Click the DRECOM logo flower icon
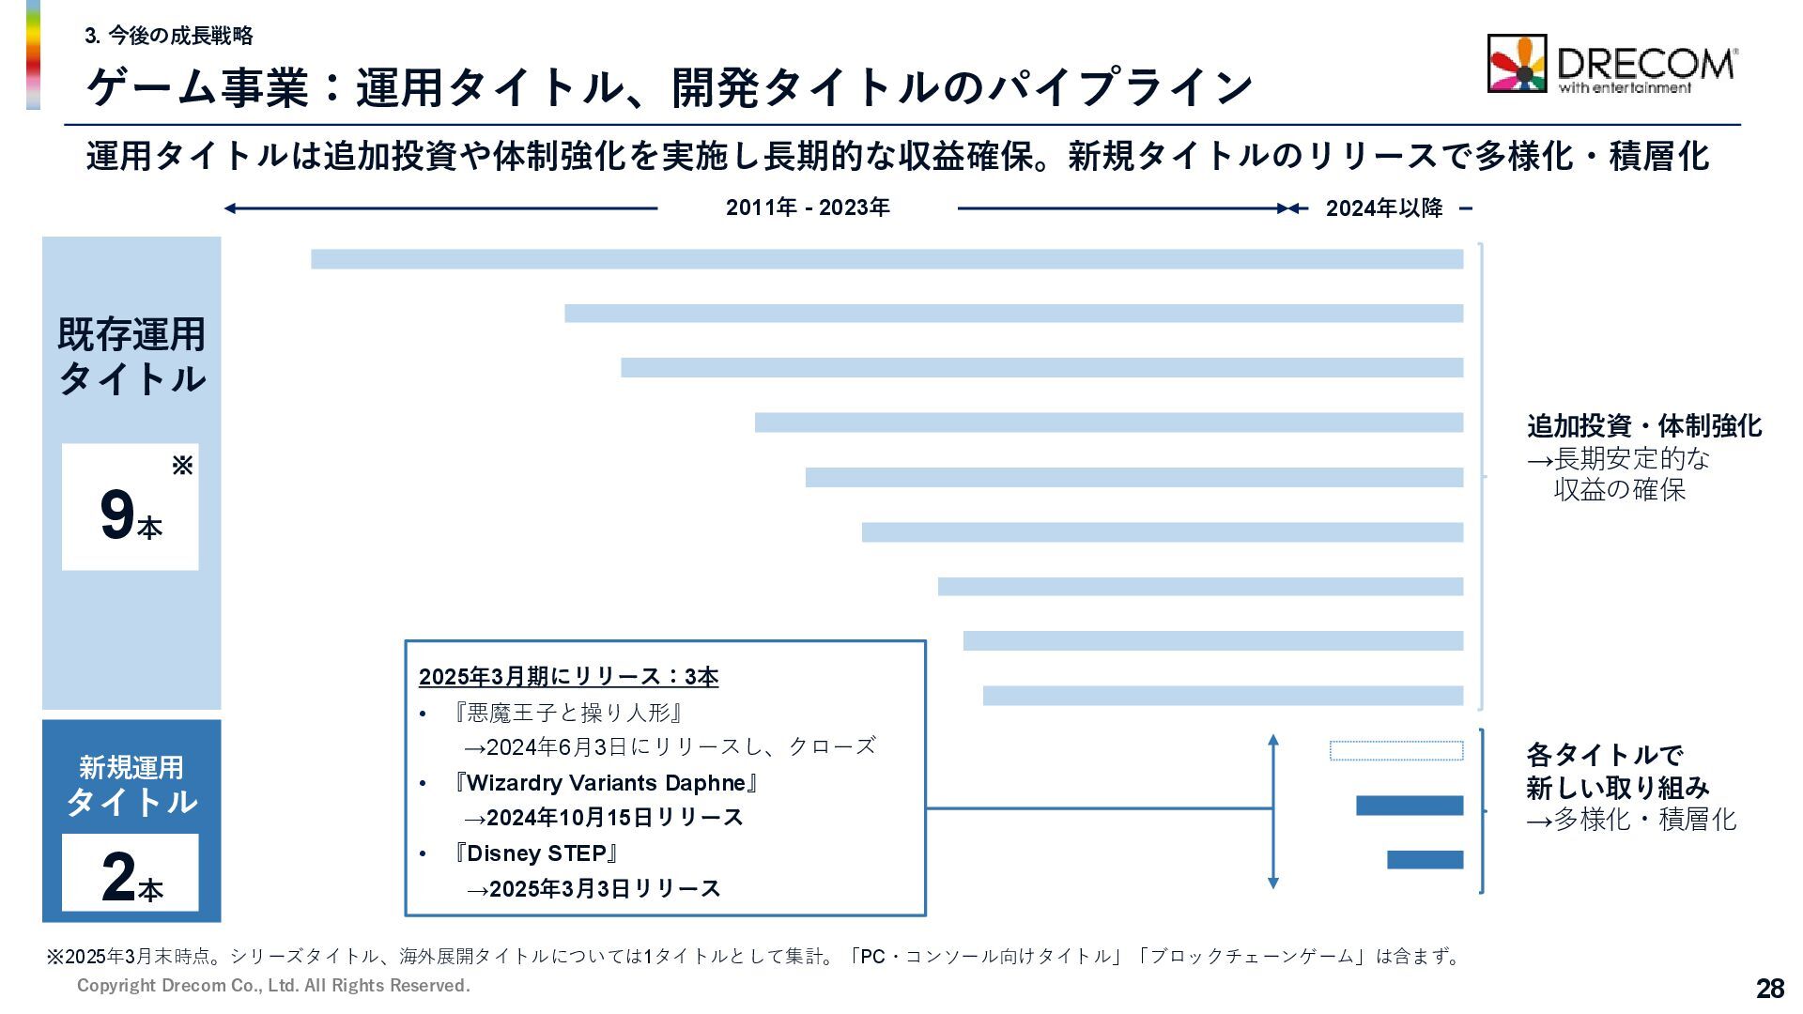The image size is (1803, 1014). [1517, 64]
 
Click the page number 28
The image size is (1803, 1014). [1769, 988]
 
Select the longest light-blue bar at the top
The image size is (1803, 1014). [886, 259]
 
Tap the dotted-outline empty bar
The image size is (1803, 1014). [1395, 750]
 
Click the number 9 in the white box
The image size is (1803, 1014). [117, 515]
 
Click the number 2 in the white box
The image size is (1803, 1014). [118, 876]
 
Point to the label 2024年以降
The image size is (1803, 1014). [1383, 208]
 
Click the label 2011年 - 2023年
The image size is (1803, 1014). [808, 207]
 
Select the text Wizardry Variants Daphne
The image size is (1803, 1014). [605, 783]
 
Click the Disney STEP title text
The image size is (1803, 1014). [535, 853]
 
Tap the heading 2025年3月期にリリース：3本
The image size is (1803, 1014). [568, 677]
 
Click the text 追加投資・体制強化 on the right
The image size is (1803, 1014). [1643, 426]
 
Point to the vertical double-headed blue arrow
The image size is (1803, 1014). [1272, 811]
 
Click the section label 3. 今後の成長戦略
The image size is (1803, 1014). [169, 36]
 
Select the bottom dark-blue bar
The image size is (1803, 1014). [1425, 859]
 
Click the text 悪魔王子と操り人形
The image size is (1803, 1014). [567, 713]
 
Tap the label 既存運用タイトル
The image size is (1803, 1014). [131, 357]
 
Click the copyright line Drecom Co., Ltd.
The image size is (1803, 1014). [273, 985]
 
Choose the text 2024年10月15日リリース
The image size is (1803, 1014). [614, 818]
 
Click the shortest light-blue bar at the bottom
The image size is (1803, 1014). [1223, 696]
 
